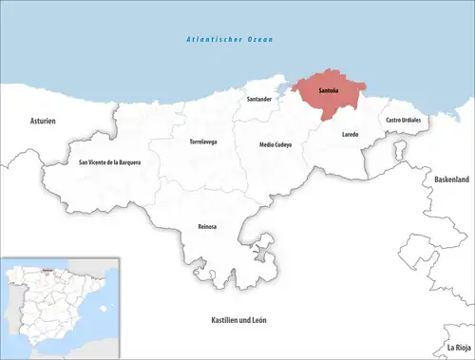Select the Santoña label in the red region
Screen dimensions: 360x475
(x=329, y=90)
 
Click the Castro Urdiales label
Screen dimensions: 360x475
(x=404, y=121)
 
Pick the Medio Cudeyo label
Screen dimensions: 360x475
(x=275, y=143)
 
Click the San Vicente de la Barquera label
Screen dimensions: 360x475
(x=109, y=162)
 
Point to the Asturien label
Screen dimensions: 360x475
(x=44, y=121)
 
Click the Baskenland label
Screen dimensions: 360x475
(x=451, y=179)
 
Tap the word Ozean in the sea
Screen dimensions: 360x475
(x=257, y=39)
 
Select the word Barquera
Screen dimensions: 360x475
(x=127, y=162)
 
